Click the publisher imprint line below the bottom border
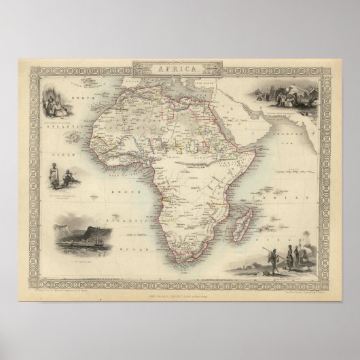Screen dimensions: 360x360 point(179,291)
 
